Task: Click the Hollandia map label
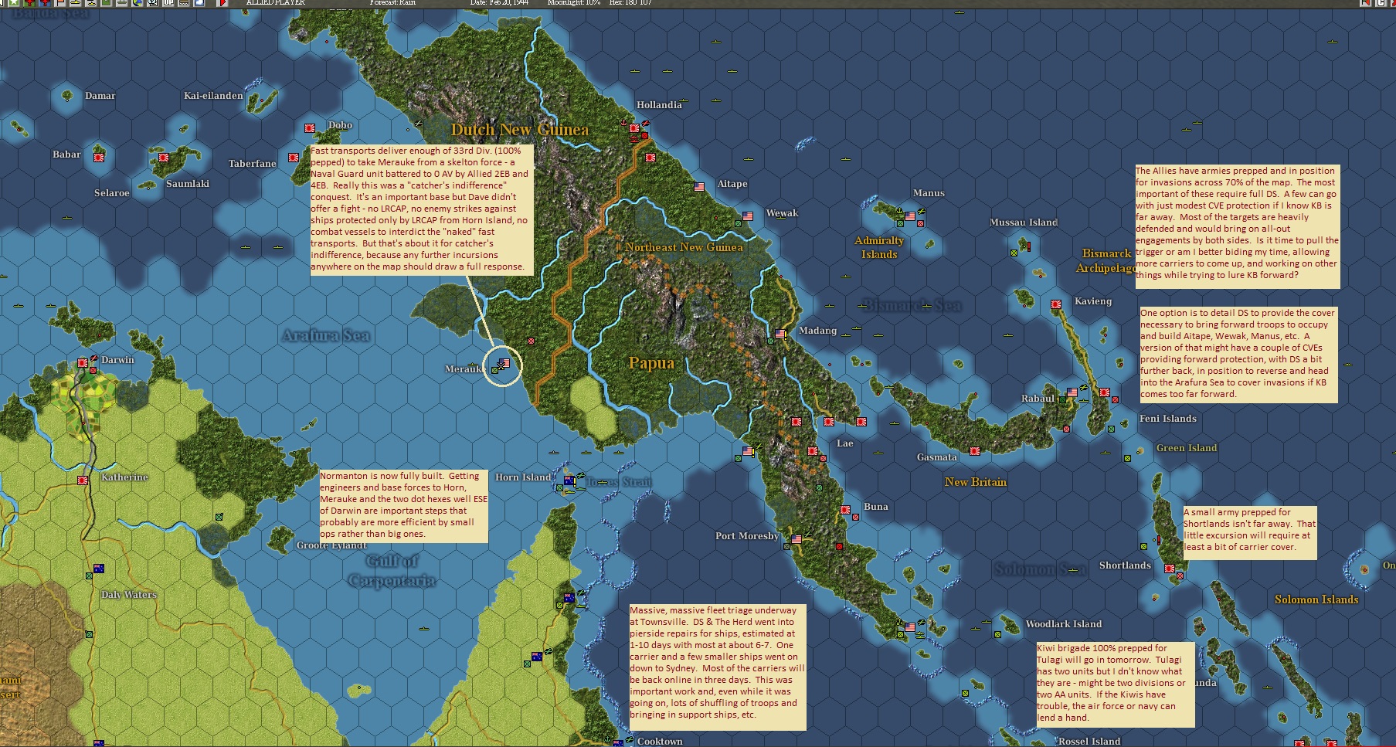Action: [x=659, y=105]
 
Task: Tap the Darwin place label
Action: [x=117, y=360]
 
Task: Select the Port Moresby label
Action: [x=746, y=536]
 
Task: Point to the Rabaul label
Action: [x=1037, y=399]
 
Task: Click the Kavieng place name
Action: [x=1092, y=301]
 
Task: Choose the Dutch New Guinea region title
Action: [x=519, y=130]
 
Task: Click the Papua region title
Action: [x=651, y=363]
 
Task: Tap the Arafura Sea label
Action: [x=325, y=335]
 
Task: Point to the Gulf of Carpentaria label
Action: [x=392, y=571]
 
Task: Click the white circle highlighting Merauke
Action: [x=502, y=366]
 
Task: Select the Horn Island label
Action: [x=523, y=477]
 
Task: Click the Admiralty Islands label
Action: [x=879, y=247]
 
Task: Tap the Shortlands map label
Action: [x=1125, y=565]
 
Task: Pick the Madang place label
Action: [x=817, y=331]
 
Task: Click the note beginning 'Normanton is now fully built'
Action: [x=404, y=504]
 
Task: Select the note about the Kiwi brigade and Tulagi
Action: [x=1115, y=684]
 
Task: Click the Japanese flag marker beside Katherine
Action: [x=83, y=480]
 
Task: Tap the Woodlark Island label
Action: [x=1063, y=624]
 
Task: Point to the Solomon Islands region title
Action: [x=1316, y=599]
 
